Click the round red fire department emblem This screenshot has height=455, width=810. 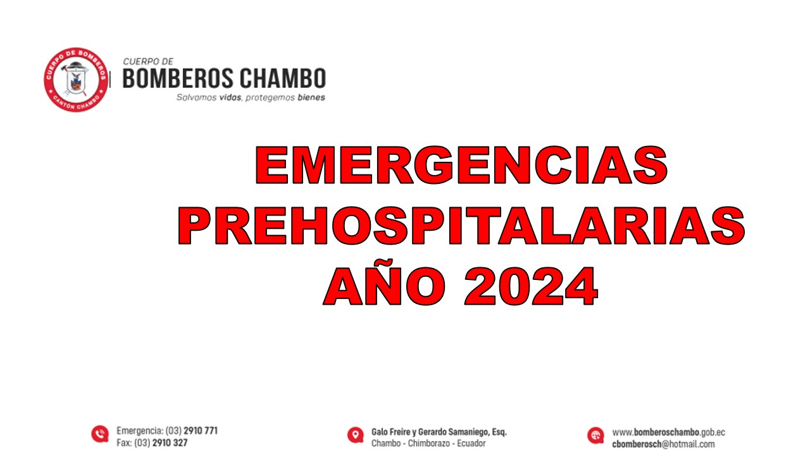(x=75, y=80)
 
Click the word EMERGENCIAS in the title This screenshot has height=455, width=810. (x=461, y=166)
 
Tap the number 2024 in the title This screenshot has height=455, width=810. (x=530, y=286)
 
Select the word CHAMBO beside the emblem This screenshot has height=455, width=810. (x=283, y=79)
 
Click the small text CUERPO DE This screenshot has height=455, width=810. (x=148, y=62)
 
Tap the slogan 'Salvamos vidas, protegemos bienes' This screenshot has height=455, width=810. (x=251, y=98)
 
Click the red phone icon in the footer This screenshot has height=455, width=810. (x=99, y=434)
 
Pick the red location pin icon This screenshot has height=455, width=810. (x=356, y=435)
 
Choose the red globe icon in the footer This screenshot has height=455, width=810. (x=595, y=435)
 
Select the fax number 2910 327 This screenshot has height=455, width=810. (x=170, y=443)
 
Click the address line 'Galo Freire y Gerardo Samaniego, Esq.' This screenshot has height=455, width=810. (x=439, y=432)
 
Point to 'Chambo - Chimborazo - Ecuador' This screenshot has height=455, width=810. (x=428, y=444)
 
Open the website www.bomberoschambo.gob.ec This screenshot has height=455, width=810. (x=668, y=433)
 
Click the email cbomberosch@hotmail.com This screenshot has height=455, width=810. (x=663, y=444)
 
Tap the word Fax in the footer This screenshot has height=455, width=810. (x=124, y=443)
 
